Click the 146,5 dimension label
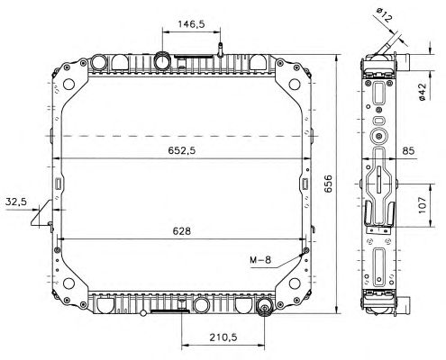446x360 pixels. pos(191,24)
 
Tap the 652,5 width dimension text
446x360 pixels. pos(181,150)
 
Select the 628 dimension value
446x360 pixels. pos(181,231)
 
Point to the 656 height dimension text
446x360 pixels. pos(328,184)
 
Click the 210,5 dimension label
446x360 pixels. pos(223,337)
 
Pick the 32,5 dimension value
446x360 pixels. pos(16,202)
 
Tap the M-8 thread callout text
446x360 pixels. pos(260,259)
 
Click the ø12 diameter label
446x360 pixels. pos(384,15)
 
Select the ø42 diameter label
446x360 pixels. pos(423,92)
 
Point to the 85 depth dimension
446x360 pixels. pos(408,150)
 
